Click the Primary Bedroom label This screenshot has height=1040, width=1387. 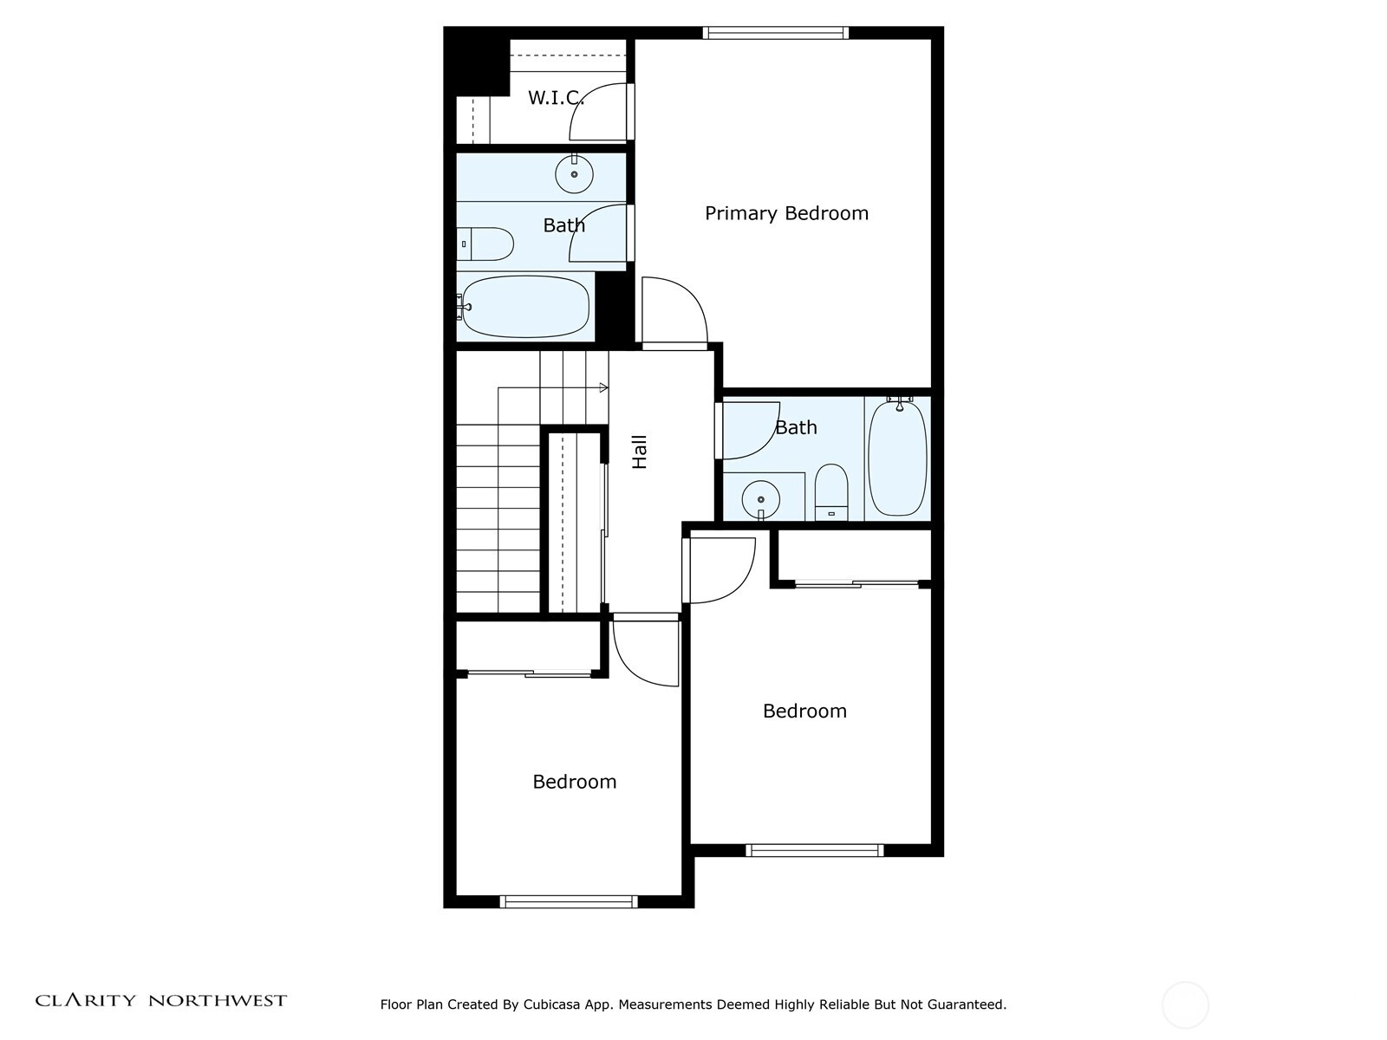coord(786,213)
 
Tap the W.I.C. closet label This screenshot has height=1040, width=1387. coord(556,98)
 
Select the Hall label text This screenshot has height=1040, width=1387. coord(640,452)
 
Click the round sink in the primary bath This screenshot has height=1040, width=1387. coord(574,173)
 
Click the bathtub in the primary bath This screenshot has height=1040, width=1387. coord(524,306)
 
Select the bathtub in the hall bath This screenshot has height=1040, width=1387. coord(897,458)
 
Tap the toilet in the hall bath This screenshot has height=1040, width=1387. coord(831,492)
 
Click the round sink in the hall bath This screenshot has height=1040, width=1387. coord(761,500)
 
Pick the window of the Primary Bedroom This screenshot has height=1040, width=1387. coord(775,33)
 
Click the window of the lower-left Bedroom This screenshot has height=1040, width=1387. coord(569,901)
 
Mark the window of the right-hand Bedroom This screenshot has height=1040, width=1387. coord(815,850)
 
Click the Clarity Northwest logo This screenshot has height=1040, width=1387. coord(161,1000)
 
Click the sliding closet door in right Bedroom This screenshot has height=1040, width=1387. coord(856,584)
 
